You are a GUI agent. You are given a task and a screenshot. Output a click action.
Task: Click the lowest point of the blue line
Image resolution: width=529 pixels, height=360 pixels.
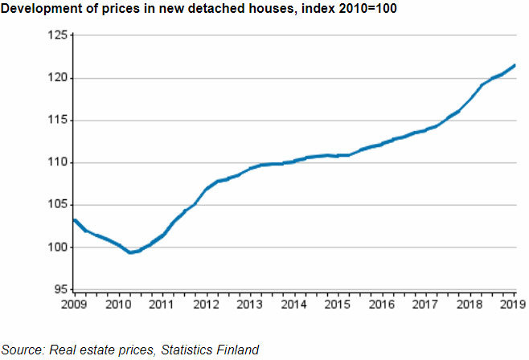click(130, 252)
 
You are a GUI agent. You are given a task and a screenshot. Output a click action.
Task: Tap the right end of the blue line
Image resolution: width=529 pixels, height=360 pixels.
click(515, 65)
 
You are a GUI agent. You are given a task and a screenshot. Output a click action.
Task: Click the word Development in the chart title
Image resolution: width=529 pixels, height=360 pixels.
click(39, 8)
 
